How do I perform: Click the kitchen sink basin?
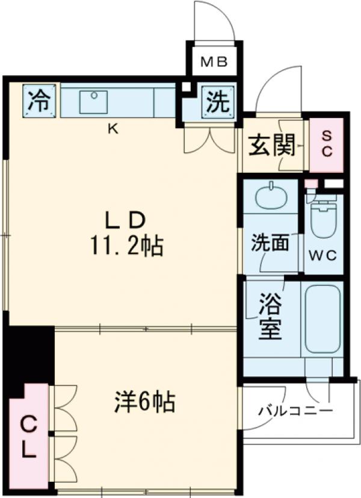(x=94, y=102)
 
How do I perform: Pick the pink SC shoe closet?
(x=326, y=145)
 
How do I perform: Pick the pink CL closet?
(x=28, y=437)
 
